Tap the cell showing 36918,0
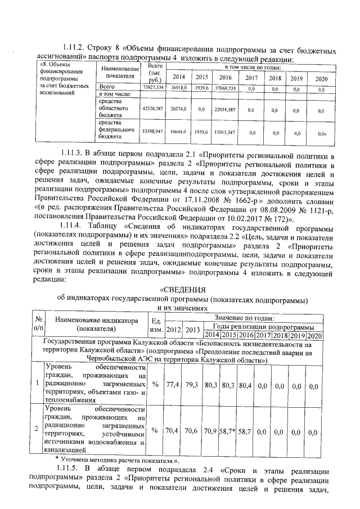tap(178, 88)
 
